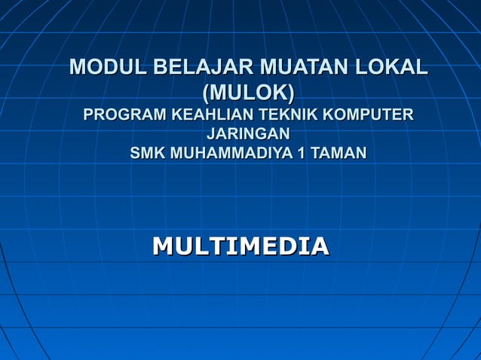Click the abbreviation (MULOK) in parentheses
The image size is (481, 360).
(x=248, y=93)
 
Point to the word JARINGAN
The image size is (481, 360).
(x=248, y=135)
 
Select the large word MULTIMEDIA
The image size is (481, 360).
(x=240, y=246)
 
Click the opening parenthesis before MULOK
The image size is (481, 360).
(x=206, y=93)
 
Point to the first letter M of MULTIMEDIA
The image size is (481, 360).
(x=162, y=246)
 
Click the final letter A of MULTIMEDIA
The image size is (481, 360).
(x=320, y=246)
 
